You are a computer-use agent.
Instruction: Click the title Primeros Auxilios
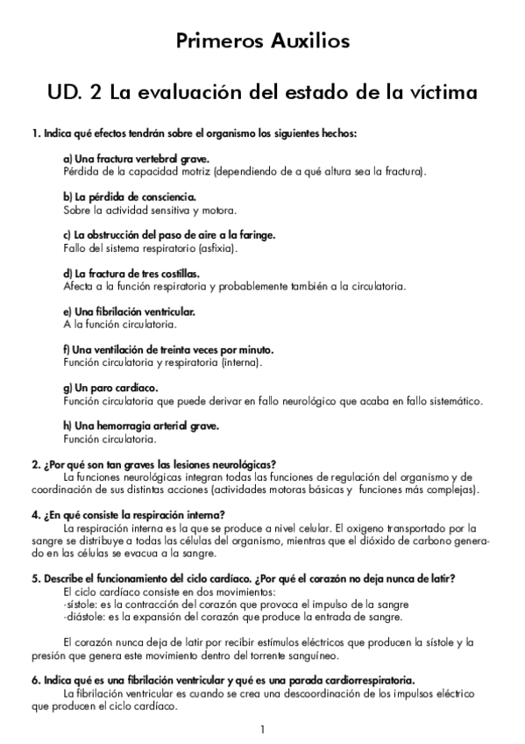pyautogui.click(x=262, y=40)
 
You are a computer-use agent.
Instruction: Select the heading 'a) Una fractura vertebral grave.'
pyautogui.click(x=136, y=158)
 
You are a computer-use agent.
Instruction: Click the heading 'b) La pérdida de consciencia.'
pyautogui.click(x=130, y=197)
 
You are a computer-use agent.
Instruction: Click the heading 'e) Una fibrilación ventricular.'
pyautogui.click(x=129, y=311)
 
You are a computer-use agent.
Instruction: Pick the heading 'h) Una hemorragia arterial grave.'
pyautogui.click(x=140, y=426)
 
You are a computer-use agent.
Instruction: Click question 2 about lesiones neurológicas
pyautogui.click(x=154, y=464)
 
